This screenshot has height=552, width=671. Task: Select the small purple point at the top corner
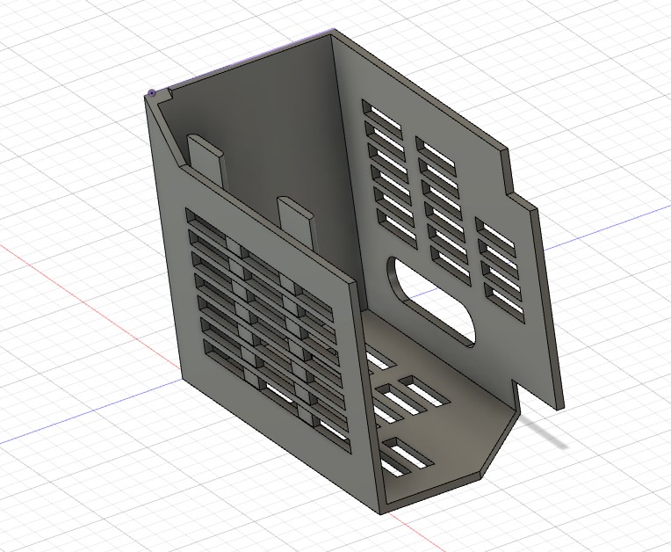click(152, 92)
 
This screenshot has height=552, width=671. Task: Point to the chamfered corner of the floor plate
click(496, 448)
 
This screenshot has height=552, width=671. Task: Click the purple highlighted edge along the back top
click(246, 62)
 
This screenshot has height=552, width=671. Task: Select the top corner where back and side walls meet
click(334, 33)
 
